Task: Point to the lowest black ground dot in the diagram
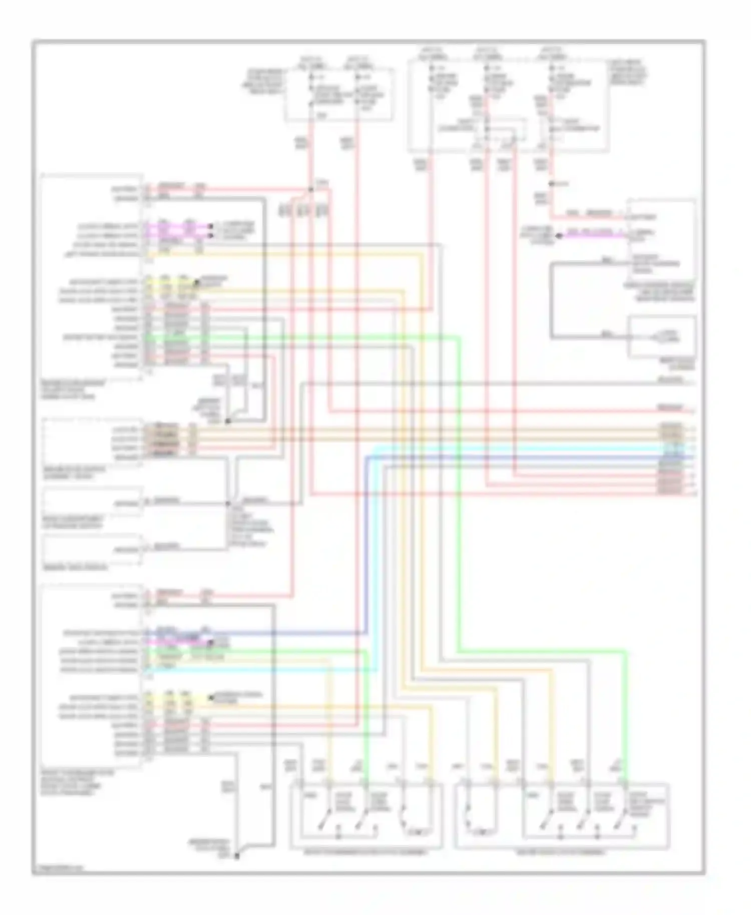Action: tap(237, 856)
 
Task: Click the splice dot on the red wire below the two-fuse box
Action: tap(311, 189)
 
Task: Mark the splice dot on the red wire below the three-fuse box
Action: tap(552, 184)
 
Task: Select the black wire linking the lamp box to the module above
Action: tap(552, 300)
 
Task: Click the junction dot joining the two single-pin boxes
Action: tap(228, 503)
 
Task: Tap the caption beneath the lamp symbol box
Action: tap(671, 364)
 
